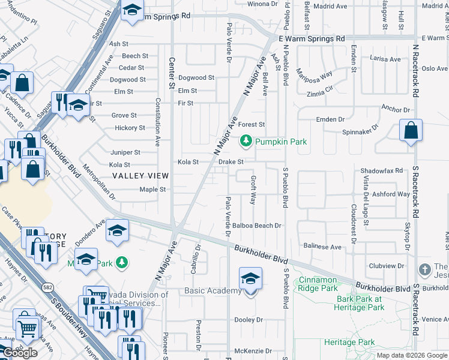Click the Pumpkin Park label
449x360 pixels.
[281, 142]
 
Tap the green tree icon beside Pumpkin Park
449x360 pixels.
[246, 142]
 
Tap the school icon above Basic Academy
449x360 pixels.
[250, 278]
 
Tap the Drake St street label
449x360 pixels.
[231, 162]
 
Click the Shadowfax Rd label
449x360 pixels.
[381, 171]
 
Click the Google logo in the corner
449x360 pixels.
[20, 353]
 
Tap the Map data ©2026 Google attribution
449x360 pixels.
[412, 355]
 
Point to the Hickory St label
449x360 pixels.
[130, 128]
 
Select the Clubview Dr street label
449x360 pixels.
[388, 266]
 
